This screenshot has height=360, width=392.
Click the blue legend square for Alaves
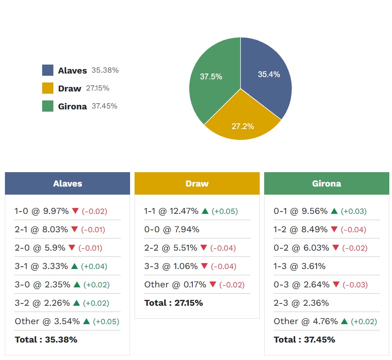[48, 70]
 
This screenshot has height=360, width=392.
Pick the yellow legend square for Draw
[48, 88]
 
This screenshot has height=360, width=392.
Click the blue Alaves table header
[67, 183]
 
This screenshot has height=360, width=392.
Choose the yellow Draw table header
[197, 183]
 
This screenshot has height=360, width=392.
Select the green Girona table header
[327, 183]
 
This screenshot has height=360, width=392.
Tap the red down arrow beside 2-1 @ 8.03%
[75, 230]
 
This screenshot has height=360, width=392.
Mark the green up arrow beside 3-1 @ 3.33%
[75, 266]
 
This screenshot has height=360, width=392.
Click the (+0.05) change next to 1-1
[225, 211]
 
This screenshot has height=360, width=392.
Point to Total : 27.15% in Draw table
[174, 303]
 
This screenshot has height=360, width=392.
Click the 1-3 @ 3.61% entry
[300, 266]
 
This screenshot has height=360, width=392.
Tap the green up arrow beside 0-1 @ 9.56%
[334, 211]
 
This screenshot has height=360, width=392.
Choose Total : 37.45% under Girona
[305, 339]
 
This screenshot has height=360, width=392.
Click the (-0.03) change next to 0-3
[354, 285]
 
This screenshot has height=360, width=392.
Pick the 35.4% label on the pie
[269, 74]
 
